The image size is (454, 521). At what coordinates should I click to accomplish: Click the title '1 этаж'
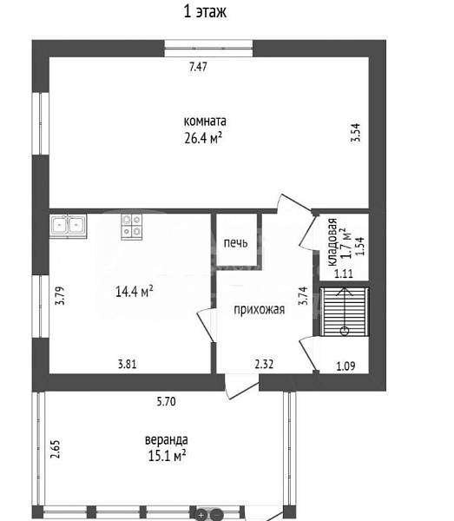click(205, 12)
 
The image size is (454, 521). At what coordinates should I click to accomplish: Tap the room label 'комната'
click(205, 121)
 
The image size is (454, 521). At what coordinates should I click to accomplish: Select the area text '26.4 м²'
click(203, 137)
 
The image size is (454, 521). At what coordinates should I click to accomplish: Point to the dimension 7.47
click(198, 67)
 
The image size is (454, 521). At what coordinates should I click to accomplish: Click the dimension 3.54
click(355, 133)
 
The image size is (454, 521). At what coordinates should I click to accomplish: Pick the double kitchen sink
click(68, 226)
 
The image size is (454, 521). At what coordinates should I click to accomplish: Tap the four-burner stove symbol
click(132, 226)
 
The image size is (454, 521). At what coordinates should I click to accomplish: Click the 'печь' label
click(235, 243)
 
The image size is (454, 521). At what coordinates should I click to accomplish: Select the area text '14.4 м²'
click(135, 292)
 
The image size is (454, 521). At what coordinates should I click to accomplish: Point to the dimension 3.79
click(60, 296)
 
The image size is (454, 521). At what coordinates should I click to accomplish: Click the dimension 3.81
click(128, 364)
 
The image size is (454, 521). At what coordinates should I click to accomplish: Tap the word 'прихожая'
click(259, 310)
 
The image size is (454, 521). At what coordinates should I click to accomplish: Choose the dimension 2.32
click(264, 364)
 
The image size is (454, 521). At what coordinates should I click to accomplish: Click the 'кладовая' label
click(332, 242)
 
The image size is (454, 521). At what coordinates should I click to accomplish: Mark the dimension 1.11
click(344, 274)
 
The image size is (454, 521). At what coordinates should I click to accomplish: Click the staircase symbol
click(345, 312)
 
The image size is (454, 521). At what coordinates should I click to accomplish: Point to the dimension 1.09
click(345, 366)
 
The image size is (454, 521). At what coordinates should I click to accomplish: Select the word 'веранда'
click(166, 440)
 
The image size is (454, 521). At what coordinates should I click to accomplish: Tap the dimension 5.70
click(166, 401)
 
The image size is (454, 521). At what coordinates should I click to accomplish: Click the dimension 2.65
click(56, 449)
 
